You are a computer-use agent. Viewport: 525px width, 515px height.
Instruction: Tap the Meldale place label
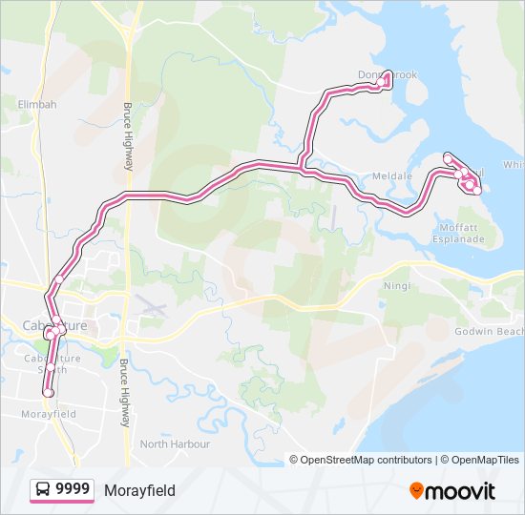[391, 176]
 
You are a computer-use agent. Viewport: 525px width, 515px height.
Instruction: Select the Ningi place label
[396, 285]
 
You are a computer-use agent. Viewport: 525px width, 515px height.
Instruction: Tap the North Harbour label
[167, 444]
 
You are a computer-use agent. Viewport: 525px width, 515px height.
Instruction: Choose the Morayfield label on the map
[48, 415]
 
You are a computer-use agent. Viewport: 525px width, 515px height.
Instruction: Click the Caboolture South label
[47, 364]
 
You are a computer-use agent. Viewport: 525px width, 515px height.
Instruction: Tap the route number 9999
[73, 490]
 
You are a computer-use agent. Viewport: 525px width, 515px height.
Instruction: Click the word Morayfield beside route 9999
[139, 490]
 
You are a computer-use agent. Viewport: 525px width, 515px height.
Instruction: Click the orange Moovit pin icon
[416, 491]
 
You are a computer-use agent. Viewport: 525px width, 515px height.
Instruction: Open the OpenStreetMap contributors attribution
[367, 460]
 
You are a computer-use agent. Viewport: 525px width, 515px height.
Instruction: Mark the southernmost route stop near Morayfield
[47, 392]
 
